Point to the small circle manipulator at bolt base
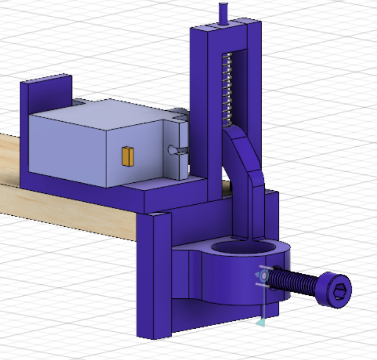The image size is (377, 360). [264, 275]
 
